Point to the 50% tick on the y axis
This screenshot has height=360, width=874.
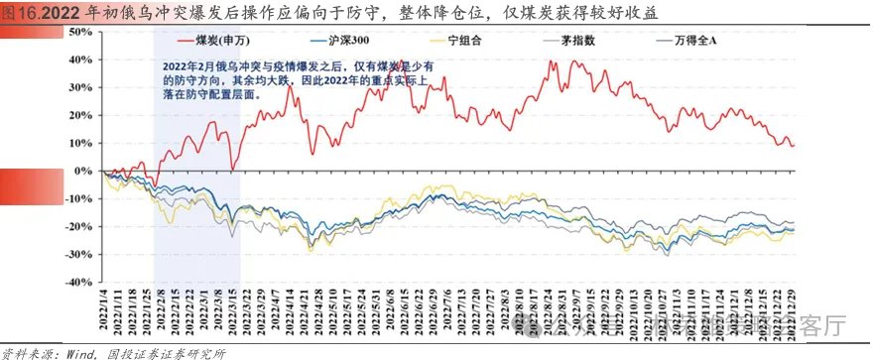pos(78,32)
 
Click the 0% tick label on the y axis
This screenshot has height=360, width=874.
pos(82,171)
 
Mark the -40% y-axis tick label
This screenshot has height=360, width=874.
pos(77,282)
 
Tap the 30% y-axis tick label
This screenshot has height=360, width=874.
pos(78,87)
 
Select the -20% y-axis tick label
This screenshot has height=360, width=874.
pos(77,226)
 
